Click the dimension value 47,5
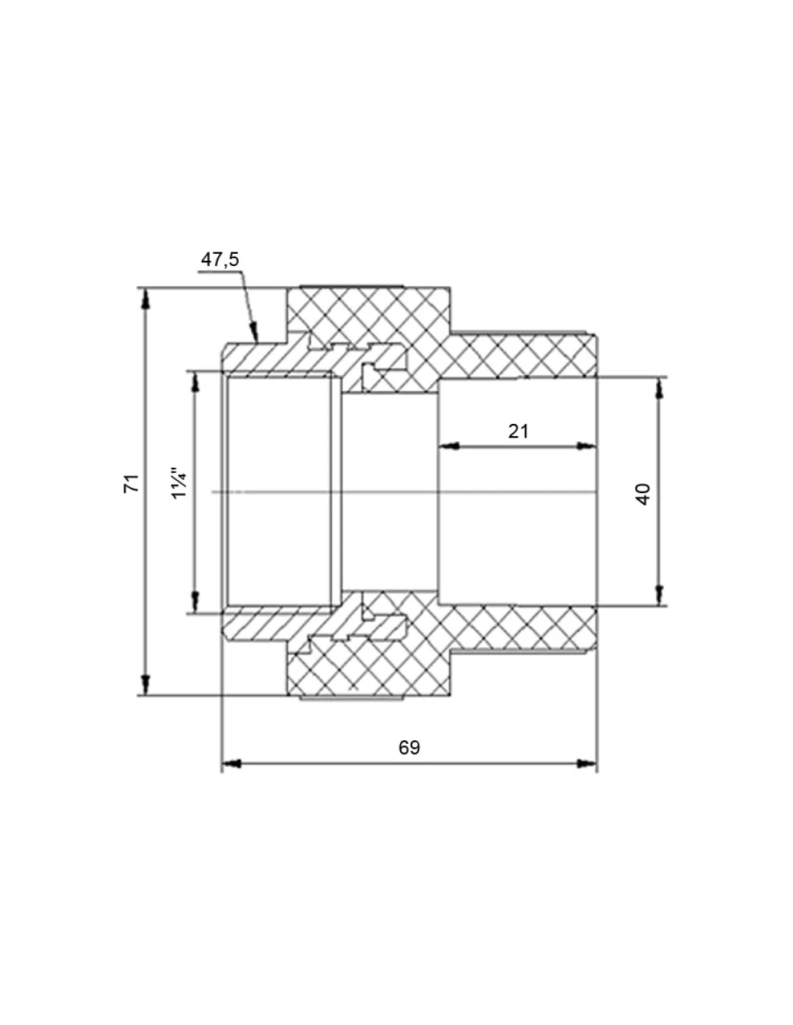pos(220,259)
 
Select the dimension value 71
pos(131,484)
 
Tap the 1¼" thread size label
pos(180,484)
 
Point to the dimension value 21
pos(518,432)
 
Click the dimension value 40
pos(644,494)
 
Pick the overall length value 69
pos(409,747)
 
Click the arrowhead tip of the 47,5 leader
pos(257,340)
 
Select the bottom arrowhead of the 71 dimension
pos(146,695)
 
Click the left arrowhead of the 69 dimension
pos(223,763)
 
